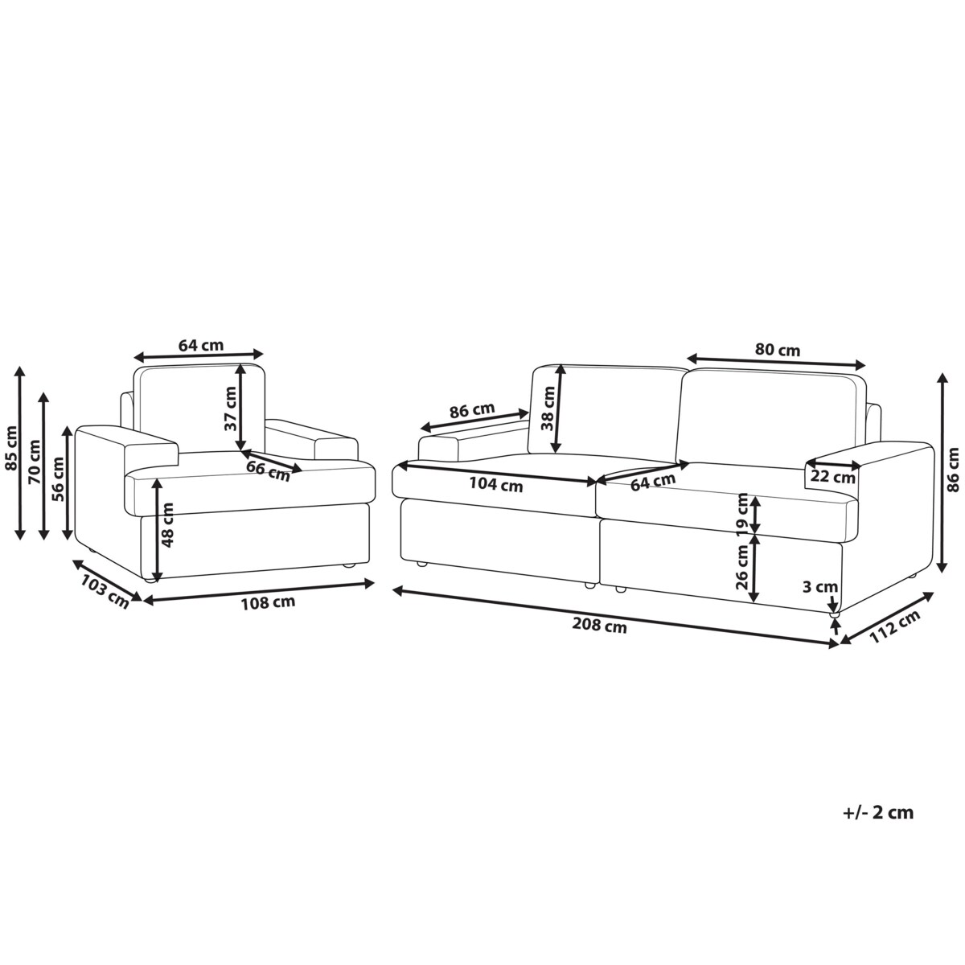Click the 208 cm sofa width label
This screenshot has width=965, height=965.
point(599,626)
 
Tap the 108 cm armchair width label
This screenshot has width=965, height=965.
point(268,602)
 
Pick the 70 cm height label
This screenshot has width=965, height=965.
point(35,462)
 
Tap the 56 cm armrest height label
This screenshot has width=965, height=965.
point(58,479)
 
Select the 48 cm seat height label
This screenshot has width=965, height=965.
point(167,524)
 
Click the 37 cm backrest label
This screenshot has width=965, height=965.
point(231,409)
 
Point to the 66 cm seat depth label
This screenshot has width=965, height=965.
point(269,470)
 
